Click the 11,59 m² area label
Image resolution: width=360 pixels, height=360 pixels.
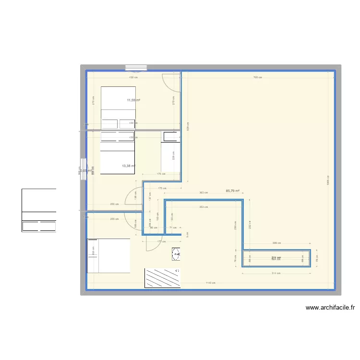(133, 100)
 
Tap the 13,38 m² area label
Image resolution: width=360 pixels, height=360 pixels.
(128, 166)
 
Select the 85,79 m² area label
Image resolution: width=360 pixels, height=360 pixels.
(232, 191)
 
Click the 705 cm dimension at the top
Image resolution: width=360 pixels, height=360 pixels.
(258, 77)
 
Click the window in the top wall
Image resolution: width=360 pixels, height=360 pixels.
(136, 68)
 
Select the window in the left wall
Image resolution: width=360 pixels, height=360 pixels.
(84, 169)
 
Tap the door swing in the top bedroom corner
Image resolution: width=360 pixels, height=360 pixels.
(170, 81)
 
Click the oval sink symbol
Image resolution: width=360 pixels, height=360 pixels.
(176, 254)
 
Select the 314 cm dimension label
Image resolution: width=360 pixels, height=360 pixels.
(276, 274)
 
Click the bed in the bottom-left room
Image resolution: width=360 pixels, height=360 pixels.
(108, 255)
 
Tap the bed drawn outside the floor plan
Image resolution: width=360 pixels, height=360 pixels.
(39, 210)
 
